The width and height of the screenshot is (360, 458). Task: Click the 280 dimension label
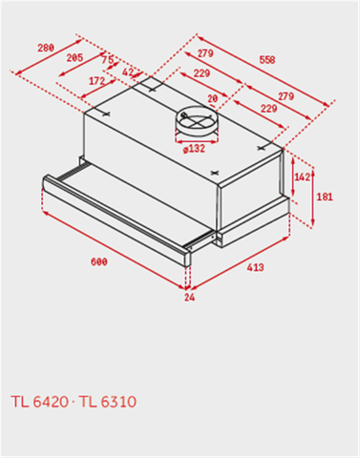coord(45,47)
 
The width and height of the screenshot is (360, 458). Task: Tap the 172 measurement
coord(95,82)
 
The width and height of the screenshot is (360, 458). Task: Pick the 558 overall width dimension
coord(266,60)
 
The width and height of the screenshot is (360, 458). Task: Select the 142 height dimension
coord(302,177)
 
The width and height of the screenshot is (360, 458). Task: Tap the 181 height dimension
coord(324,198)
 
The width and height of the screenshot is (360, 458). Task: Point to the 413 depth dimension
coord(255,268)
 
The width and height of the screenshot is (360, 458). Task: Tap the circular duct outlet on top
coord(195,122)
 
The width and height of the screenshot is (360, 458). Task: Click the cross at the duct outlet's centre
coord(195,121)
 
